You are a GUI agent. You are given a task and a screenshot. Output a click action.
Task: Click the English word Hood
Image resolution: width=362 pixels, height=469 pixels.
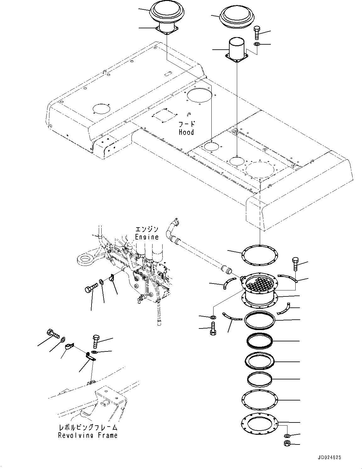(x=186, y=132)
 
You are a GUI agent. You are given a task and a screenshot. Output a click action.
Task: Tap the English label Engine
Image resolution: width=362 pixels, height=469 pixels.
(x=147, y=237)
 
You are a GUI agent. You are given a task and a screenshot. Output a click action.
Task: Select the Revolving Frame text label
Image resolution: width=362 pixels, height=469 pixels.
(x=88, y=435)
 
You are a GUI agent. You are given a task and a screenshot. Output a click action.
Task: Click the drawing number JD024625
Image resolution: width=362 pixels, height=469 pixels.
(x=327, y=458)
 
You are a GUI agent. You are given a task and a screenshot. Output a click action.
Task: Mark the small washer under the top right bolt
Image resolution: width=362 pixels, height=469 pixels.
(x=256, y=44)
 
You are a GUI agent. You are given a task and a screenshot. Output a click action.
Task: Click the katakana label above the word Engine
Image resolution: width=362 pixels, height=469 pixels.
(x=147, y=229)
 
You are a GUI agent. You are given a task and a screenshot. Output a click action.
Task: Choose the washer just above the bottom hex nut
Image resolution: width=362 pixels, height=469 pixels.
(x=287, y=436)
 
